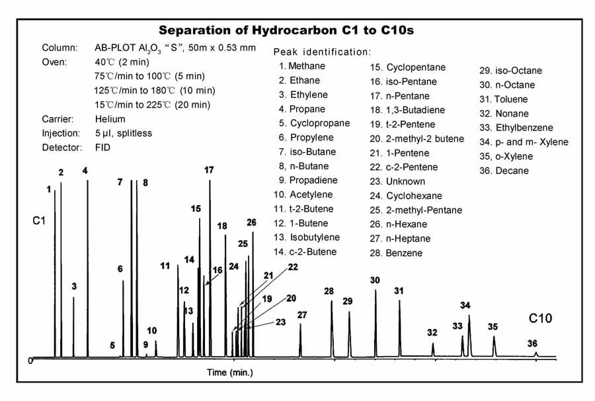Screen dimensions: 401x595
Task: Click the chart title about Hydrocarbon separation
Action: pyautogui.click(x=286, y=30)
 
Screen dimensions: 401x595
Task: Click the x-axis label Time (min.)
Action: pyautogui.click(x=229, y=373)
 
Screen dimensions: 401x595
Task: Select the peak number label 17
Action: pyautogui.click(x=209, y=171)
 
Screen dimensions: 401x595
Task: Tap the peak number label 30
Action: pyautogui.click(x=375, y=281)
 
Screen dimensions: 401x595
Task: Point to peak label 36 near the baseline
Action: pyautogui.click(x=532, y=343)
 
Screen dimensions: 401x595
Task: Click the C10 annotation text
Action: pyautogui.click(x=540, y=318)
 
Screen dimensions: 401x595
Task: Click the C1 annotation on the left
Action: pyautogui.click(x=39, y=218)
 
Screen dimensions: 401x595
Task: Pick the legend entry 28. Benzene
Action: pyautogui.click(x=396, y=253)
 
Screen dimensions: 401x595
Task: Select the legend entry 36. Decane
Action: pyautogui.click(x=504, y=171)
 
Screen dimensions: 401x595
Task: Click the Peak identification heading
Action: pyautogui.click(x=322, y=52)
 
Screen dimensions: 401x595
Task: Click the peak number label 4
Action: pyautogui.click(x=85, y=171)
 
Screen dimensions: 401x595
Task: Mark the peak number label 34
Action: pyautogui.click(x=465, y=305)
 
